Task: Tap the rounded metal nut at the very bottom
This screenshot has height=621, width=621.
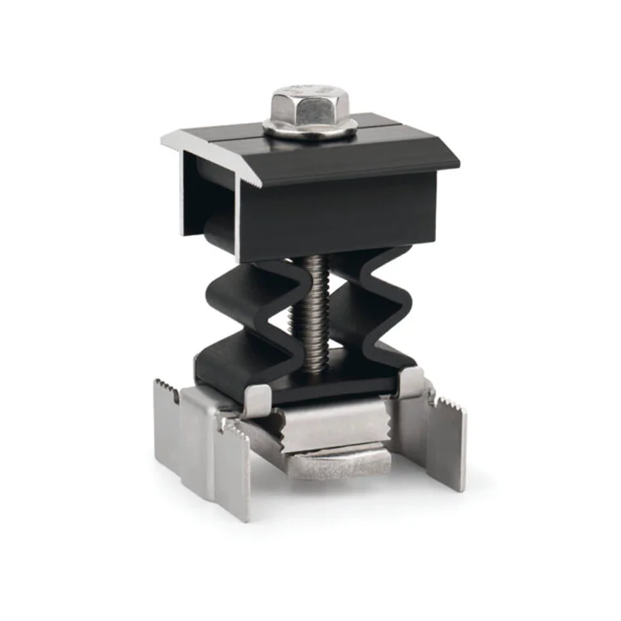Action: pos(340,467)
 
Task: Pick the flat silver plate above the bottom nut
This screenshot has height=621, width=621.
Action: pos(332,429)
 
